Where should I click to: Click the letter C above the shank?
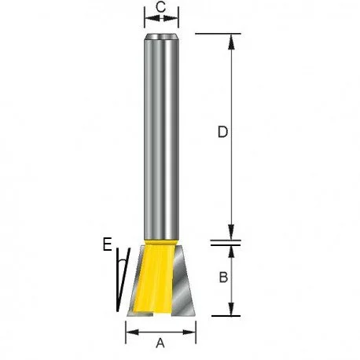[x=161, y=7]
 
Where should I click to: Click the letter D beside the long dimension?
[x=222, y=132]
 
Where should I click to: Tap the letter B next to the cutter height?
[x=223, y=277]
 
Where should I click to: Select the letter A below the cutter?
[x=160, y=343]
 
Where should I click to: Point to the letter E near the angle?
[x=107, y=244]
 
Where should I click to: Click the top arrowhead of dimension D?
[x=231, y=42]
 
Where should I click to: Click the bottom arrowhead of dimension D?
[x=231, y=232]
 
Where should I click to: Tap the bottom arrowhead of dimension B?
[x=231, y=309]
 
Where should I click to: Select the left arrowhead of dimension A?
[x=133, y=332]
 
